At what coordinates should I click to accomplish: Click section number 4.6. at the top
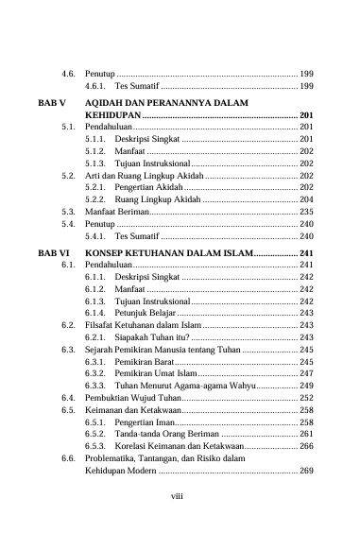click(x=69, y=73)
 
